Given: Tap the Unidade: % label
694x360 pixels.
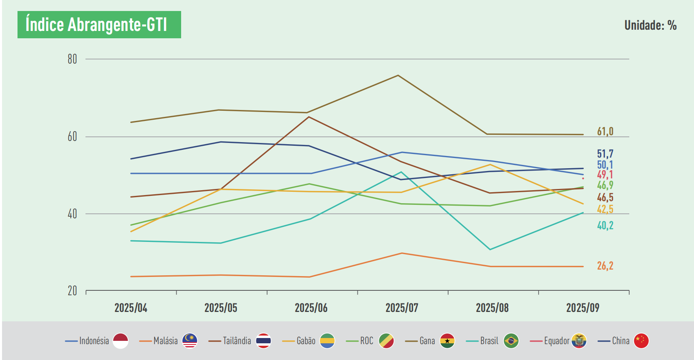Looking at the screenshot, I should [x=650, y=25].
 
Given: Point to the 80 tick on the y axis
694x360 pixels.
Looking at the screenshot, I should [x=72, y=59].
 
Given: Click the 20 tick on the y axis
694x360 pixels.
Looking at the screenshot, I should [x=72, y=291].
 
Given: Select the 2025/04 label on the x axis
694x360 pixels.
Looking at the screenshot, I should [x=131, y=308].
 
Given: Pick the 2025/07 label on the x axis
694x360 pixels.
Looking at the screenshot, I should [x=402, y=308].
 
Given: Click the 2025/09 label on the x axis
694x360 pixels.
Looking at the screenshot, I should [x=582, y=308].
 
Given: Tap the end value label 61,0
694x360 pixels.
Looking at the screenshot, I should [x=605, y=132].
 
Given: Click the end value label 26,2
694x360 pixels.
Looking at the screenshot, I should [x=605, y=266].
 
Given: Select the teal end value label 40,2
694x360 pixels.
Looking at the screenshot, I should [x=605, y=226].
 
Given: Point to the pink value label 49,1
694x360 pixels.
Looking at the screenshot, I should [x=605, y=175].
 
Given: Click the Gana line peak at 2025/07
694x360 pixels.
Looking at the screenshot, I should [x=398, y=75].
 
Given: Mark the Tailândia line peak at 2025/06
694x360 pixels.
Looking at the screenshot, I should [x=309, y=117].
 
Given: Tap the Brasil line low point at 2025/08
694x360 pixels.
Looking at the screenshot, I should [x=490, y=249].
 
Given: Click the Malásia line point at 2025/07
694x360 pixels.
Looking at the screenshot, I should [x=402, y=253].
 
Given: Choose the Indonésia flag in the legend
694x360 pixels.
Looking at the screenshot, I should [x=120, y=341].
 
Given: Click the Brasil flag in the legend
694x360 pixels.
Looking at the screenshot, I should [x=511, y=341].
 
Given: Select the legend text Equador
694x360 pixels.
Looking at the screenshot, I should [x=556, y=341].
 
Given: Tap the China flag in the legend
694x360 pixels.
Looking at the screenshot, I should [x=641, y=341].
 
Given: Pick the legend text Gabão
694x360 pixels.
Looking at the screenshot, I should [x=306, y=341].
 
